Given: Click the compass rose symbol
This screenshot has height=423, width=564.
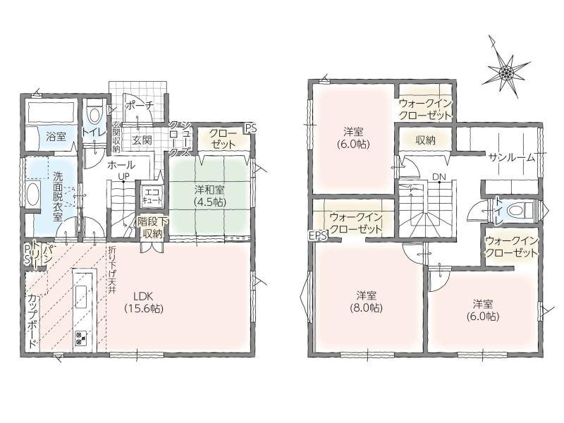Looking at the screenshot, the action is (505, 72).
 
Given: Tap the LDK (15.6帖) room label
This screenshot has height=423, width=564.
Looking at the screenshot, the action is (144, 302).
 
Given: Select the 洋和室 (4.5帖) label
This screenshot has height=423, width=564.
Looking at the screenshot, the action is (210, 195).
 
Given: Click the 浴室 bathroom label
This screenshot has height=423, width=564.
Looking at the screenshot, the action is (56, 136).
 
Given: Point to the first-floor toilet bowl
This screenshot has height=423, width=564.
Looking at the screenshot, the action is (94, 115).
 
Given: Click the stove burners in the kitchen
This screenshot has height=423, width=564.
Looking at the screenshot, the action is (80, 339).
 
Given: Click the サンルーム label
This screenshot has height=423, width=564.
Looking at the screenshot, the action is (513, 157).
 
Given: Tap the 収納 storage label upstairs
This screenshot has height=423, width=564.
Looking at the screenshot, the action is (425, 140).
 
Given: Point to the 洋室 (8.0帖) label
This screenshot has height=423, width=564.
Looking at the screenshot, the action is (366, 302).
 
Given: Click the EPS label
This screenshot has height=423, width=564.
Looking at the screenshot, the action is (318, 235).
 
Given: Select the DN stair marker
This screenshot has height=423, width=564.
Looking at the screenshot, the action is (439, 177).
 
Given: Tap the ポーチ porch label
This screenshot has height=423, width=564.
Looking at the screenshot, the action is (140, 104).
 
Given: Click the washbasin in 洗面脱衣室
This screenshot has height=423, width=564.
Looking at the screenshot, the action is (32, 195).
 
